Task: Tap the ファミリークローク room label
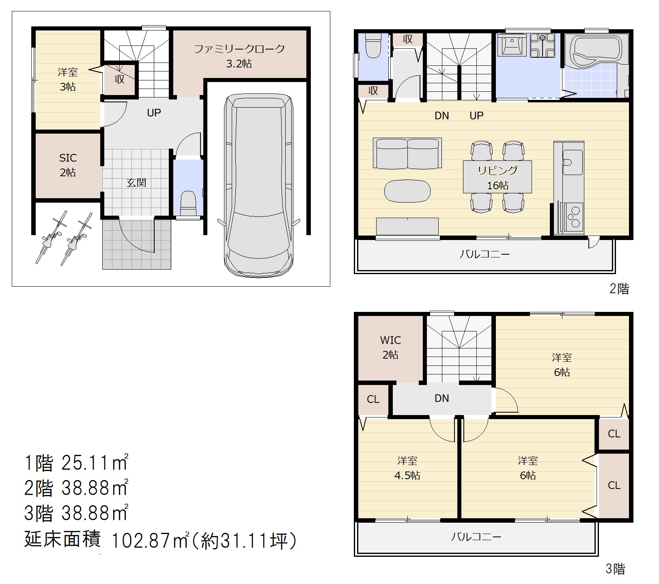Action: pyautogui.click(x=239, y=49)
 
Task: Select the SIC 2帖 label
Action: pyautogui.click(x=68, y=165)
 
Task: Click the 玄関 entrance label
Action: pyautogui.click(x=136, y=182)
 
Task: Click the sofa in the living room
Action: pyautogui.click(x=407, y=153)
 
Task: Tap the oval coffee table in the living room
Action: pyautogui.click(x=407, y=191)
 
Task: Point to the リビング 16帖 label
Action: pyautogui.click(x=497, y=177)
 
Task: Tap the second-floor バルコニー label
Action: pyautogui.click(x=485, y=254)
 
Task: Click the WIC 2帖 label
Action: pyautogui.click(x=390, y=347)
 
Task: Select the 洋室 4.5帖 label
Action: pyautogui.click(x=407, y=468)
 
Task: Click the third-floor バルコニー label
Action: pyautogui.click(x=476, y=537)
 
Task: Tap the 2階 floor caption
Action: pyautogui.click(x=619, y=289)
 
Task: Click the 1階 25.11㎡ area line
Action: pyautogui.click(x=76, y=463)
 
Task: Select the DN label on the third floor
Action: pyautogui.click(x=441, y=398)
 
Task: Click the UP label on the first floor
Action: pyautogui.click(x=154, y=112)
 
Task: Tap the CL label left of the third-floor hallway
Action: pyautogui.click(x=373, y=399)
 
